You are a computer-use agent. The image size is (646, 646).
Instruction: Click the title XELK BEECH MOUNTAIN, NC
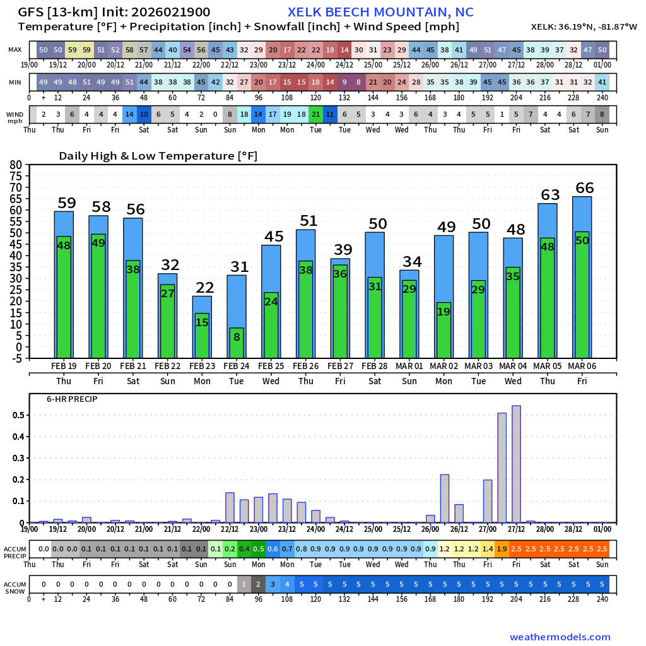click(380, 13)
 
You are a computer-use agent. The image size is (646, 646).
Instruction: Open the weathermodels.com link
click(560, 637)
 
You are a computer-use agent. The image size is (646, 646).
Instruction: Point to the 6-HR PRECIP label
click(72, 399)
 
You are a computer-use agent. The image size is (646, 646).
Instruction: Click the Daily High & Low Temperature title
click(158, 156)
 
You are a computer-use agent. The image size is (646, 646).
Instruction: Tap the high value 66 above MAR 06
click(585, 187)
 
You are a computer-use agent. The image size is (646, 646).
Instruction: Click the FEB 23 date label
click(202, 367)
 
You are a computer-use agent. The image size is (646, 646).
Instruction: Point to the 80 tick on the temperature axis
click(15, 165)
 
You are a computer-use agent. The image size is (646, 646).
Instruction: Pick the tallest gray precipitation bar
click(516, 464)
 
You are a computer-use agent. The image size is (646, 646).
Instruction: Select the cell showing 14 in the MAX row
click(344, 50)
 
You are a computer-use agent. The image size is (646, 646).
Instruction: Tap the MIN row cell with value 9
click(344, 83)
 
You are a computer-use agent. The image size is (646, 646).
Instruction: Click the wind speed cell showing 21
click(315, 114)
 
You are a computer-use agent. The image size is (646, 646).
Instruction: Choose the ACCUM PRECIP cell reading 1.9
click(502, 549)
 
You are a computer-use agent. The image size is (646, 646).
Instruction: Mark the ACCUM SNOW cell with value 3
click(273, 584)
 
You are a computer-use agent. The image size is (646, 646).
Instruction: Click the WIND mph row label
click(15, 117)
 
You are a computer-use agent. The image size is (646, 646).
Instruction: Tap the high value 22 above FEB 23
click(204, 288)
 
